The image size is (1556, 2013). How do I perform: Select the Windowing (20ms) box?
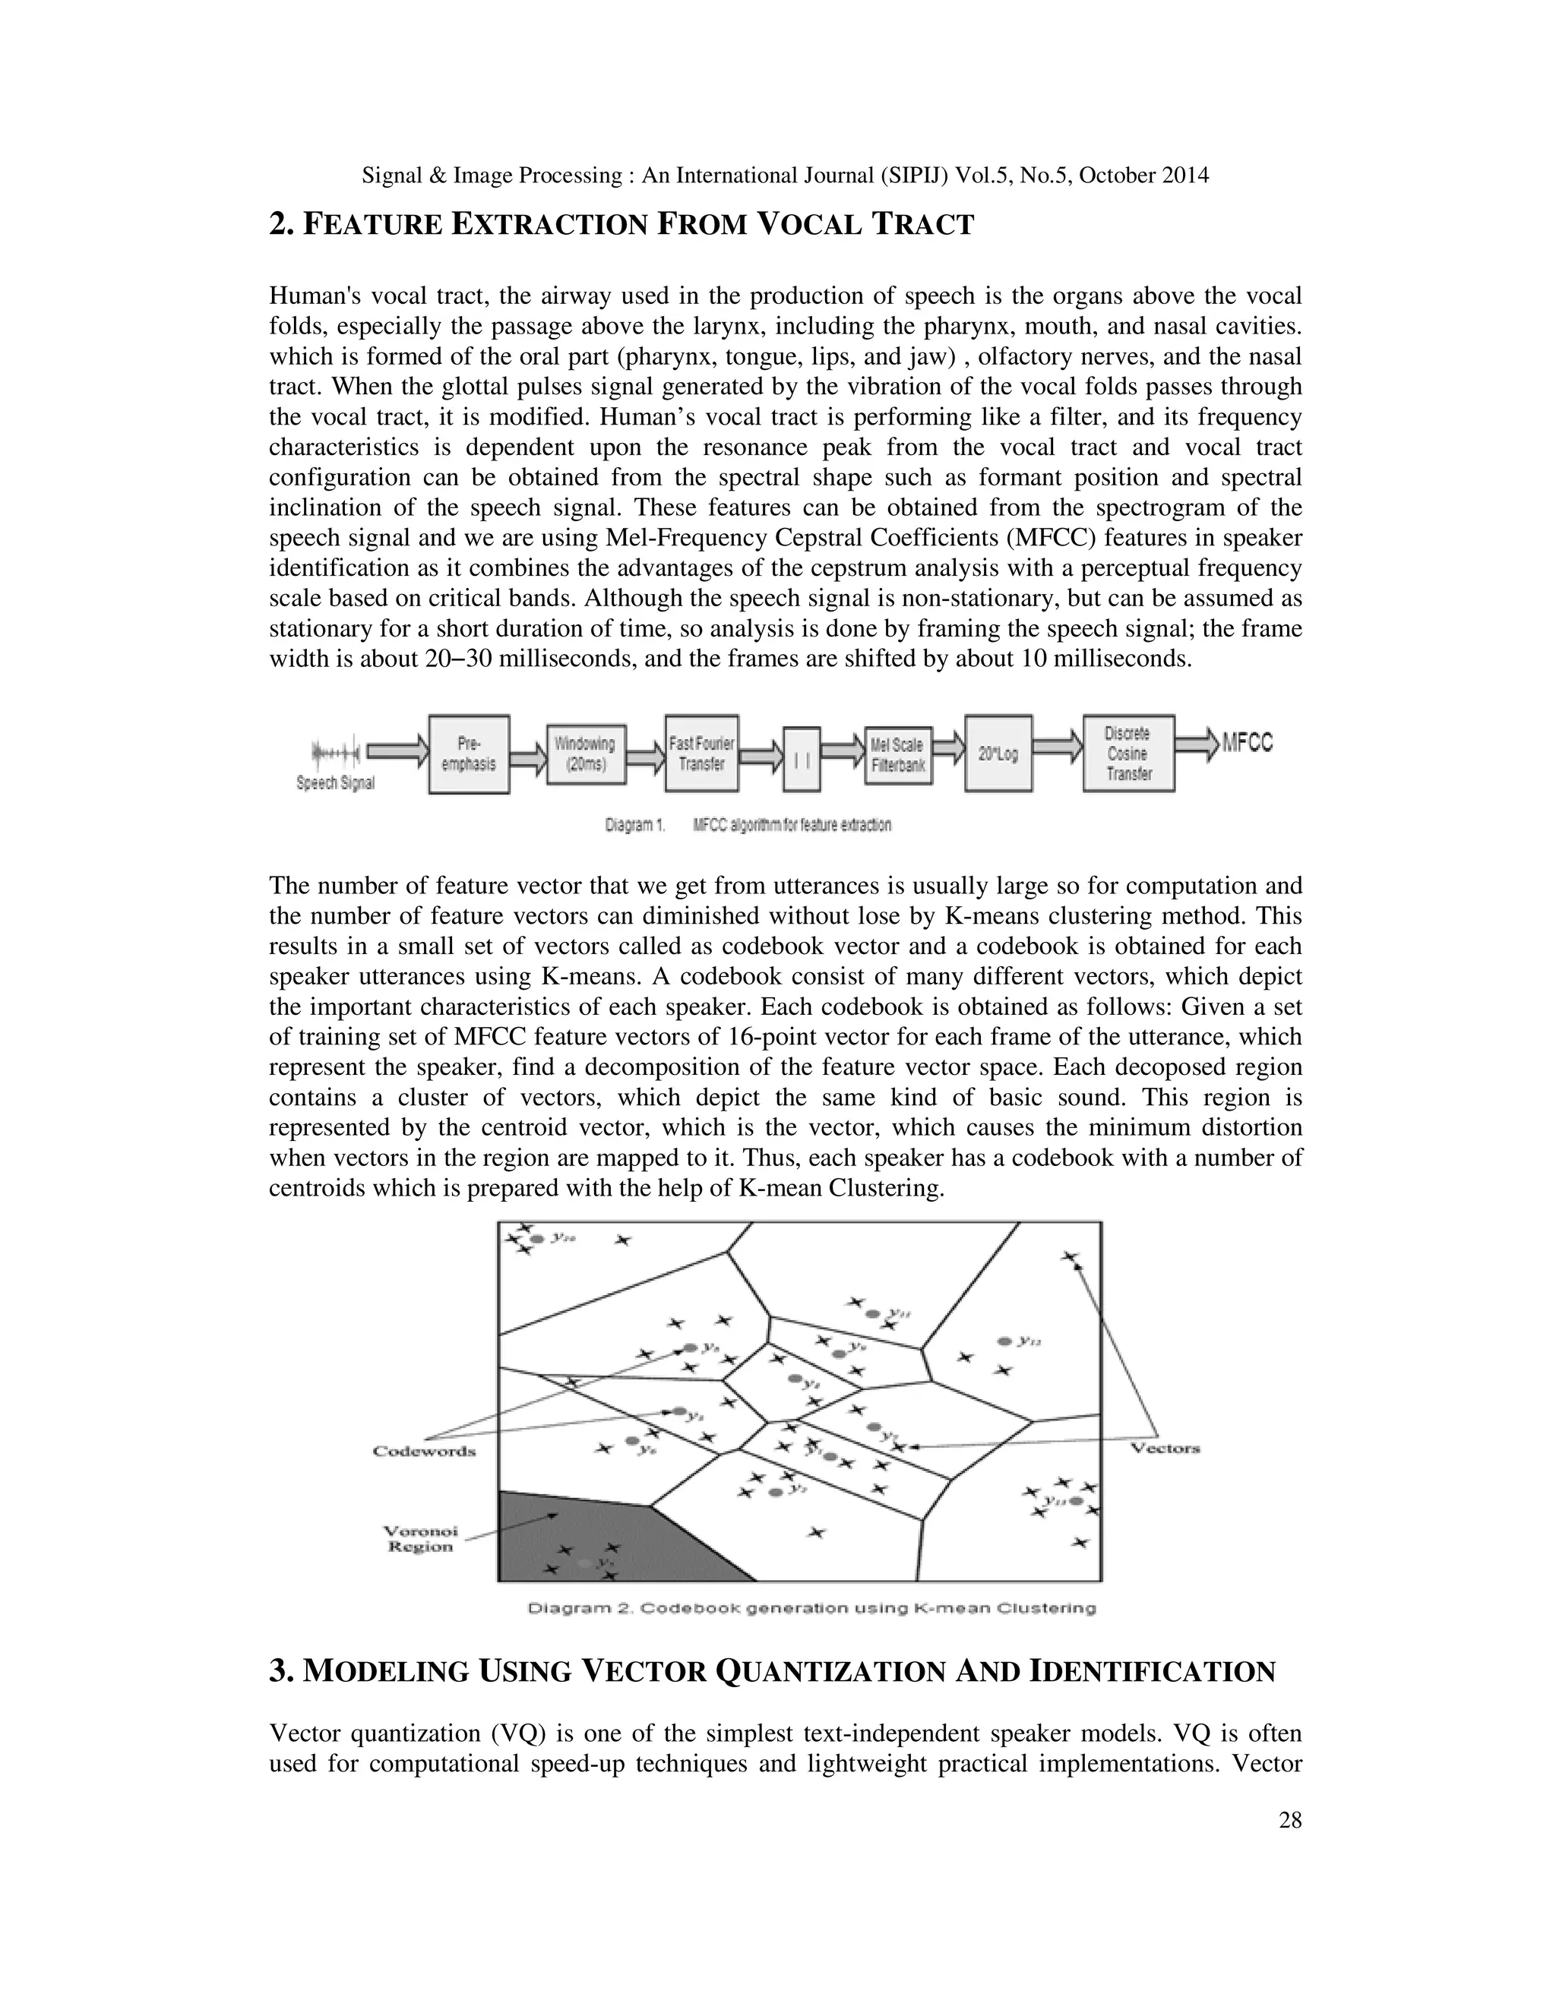584,754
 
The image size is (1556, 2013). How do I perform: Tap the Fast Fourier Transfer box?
701,754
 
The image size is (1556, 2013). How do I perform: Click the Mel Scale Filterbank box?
898,755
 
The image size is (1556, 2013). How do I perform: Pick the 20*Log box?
998,754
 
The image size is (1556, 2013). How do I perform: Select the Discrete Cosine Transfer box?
1128,754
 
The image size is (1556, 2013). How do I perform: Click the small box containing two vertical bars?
801,759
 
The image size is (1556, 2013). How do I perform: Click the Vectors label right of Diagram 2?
1165,1448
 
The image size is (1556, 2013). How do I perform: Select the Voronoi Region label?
420,1539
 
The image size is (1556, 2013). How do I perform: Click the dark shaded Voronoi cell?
562,1534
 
